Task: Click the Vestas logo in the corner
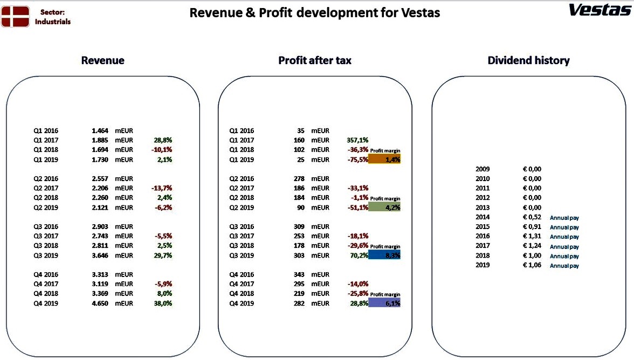pyautogui.click(x=600, y=10)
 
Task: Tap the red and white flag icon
pyautogui.click(x=15, y=17)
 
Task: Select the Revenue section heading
pyautogui.click(x=102, y=60)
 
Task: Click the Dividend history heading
pyautogui.click(x=528, y=60)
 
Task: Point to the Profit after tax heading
pyautogui.click(x=315, y=60)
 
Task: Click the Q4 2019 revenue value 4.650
pyautogui.click(x=100, y=303)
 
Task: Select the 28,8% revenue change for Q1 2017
pyautogui.click(x=163, y=140)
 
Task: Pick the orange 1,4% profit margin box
pyautogui.click(x=384, y=159)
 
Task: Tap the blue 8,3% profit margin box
pyautogui.click(x=384, y=255)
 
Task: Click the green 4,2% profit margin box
pyautogui.click(x=384, y=207)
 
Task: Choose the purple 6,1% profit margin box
pyautogui.click(x=384, y=303)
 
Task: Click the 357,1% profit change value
pyautogui.click(x=357, y=140)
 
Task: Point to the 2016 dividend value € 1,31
pyautogui.click(x=532, y=236)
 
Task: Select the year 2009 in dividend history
pyautogui.click(x=483, y=169)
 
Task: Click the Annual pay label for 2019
pyautogui.click(x=564, y=266)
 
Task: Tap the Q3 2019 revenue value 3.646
pyautogui.click(x=100, y=255)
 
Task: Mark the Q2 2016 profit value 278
pyautogui.click(x=299, y=178)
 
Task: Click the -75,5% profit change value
pyautogui.click(x=358, y=160)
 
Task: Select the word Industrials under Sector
pyautogui.click(x=53, y=22)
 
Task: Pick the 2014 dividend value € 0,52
pyautogui.click(x=532, y=217)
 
